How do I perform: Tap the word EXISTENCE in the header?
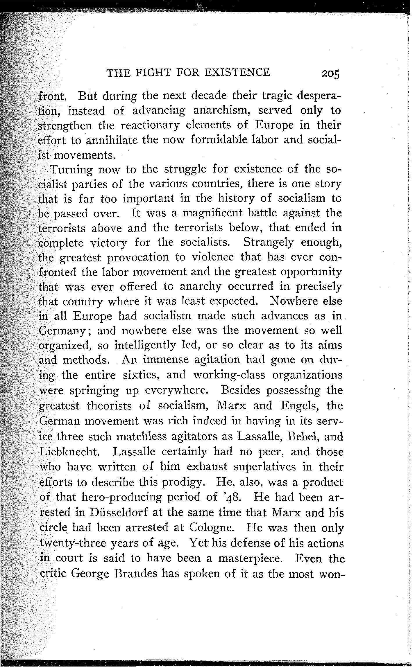[x=237, y=72]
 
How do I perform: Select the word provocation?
[x=138, y=258]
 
